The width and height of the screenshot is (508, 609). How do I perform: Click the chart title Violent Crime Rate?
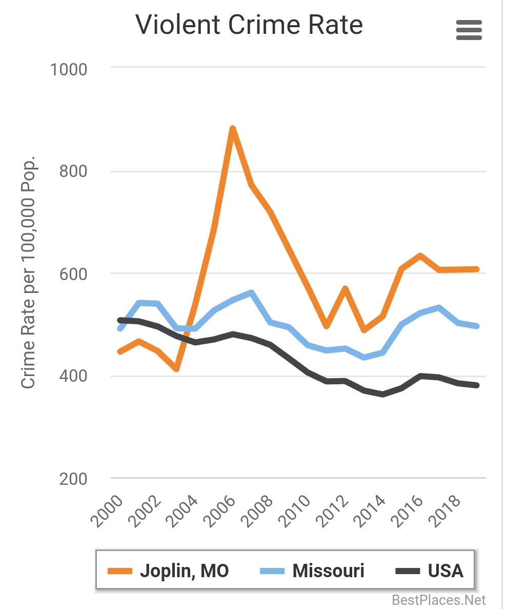coord(249,25)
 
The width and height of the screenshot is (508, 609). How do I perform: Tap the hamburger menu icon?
coord(469,30)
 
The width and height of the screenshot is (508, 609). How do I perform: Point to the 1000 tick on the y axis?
coord(69,69)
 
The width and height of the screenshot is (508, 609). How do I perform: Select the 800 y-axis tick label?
coord(73,171)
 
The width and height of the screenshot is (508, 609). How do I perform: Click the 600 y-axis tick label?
coord(73,273)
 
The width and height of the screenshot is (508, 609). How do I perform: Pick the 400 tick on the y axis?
coord(73,376)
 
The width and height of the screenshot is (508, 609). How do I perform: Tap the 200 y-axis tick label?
coord(73,479)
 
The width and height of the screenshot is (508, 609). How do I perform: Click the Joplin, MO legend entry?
coord(169,571)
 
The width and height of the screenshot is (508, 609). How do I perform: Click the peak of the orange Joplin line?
coord(233,128)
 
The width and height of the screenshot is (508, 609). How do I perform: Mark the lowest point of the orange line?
coord(176,368)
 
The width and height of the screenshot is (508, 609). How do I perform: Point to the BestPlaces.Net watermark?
coord(438,599)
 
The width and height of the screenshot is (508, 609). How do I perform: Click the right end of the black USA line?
coord(477,385)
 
